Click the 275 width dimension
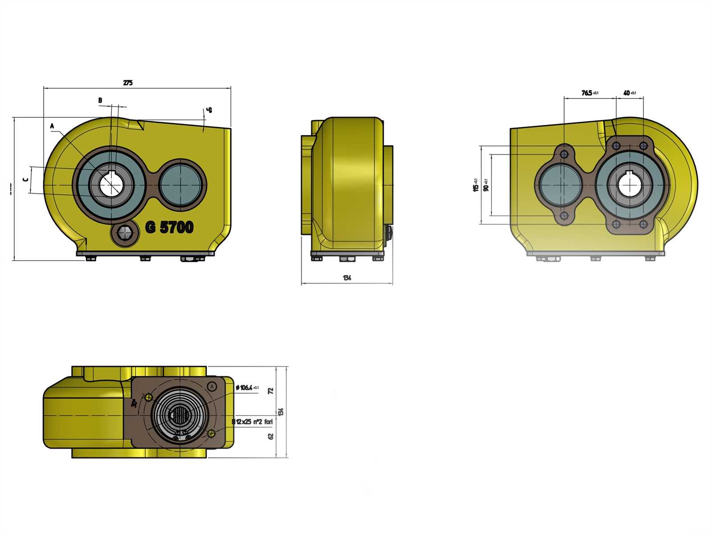(x=127, y=83)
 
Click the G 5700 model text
(x=169, y=227)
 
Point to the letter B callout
(x=100, y=101)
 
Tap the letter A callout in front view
(x=52, y=126)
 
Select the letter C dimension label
(x=25, y=180)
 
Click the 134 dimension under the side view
(x=347, y=278)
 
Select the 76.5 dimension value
(x=587, y=93)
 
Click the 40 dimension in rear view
(x=627, y=93)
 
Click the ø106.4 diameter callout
(x=246, y=387)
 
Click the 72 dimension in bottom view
(x=270, y=391)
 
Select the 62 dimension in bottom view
(x=270, y=436)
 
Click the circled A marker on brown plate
(x=213, y=386)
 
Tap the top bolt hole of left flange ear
(x=565, y=154)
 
